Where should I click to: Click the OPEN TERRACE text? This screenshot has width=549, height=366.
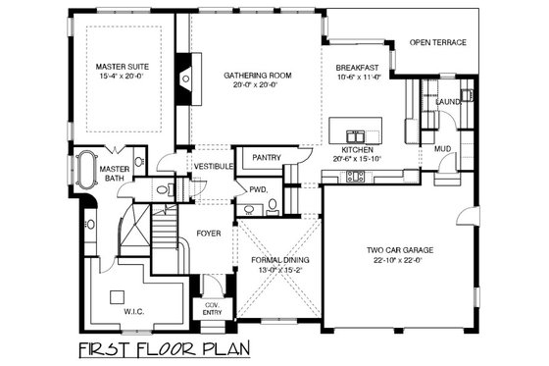coord(437,43)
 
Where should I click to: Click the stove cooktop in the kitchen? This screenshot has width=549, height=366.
coord(355,177)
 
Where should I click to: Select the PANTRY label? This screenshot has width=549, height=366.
coord(267,157)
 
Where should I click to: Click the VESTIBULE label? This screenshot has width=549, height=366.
coord(213,166)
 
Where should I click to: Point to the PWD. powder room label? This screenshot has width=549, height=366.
coord(259,189)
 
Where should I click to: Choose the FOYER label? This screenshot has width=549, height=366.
coord(209,234)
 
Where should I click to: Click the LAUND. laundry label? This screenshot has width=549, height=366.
coord(449,101)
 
